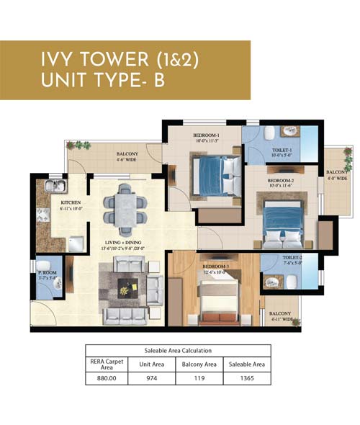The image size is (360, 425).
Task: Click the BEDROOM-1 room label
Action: tap(206, 135)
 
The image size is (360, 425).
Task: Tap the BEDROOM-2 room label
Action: tap(281, 180)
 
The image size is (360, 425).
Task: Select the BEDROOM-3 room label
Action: tap(215, 268)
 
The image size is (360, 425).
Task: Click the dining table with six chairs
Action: tap(125, 207)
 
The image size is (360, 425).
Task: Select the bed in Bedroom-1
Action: tap(216, 175)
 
